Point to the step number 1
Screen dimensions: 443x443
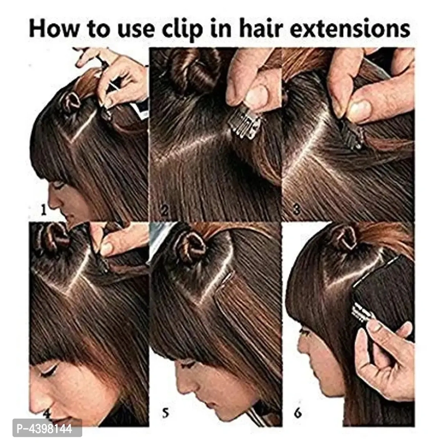pos(43,210)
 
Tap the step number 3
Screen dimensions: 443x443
pos(296,209)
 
